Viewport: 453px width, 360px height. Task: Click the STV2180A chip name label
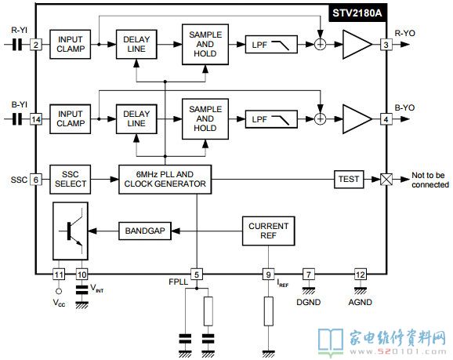[x=357, y=13]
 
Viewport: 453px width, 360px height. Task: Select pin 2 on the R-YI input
[x=36, y=45]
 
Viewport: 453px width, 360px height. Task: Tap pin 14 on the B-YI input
[x=36, y=119]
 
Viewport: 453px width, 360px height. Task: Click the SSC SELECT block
[x=71, y=180]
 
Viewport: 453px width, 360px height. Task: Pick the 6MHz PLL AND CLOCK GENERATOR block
[x=165, y=180]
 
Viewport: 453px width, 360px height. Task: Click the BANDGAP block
[x=145, y=231]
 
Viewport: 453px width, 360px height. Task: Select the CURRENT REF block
[x=268, y=231]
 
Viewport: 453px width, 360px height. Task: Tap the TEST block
[x=349, y=180]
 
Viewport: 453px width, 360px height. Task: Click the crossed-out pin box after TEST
[x=386, y=180]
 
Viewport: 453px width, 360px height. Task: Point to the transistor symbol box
[x=71, y=231]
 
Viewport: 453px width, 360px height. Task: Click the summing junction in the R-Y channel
[x=320, y=45]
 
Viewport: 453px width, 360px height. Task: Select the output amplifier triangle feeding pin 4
[x=357, y=119]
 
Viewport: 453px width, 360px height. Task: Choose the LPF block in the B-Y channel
[x=271, y=119]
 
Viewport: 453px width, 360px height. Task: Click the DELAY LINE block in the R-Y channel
[x=136, y=45]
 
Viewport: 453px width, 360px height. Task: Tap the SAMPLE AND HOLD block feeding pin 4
[x=205, y=119]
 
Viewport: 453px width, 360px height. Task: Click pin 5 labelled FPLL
[x=197, y=275]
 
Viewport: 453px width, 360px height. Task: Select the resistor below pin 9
[x=268, y=311]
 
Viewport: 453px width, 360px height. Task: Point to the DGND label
[x=309, y=302]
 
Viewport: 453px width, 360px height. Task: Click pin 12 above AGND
[x=361, y=275]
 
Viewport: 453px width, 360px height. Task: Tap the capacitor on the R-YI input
[x=17, y=45]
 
